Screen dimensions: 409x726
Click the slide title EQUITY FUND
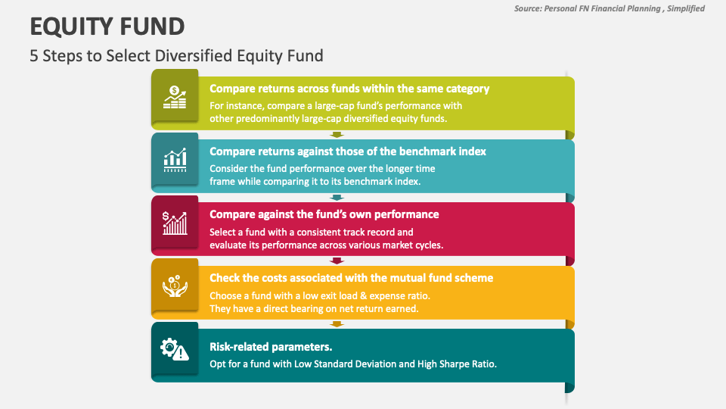tap(107, 27)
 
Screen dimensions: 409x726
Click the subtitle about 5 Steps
tap(176, 55)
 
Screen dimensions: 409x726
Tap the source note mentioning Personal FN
tap(609, 8)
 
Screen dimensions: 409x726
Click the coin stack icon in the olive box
tap(175, 98)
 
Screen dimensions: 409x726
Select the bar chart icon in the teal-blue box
tap(175, 160)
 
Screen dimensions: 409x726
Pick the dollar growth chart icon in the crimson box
tap(175, 223)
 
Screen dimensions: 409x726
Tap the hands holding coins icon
tap(175, 286)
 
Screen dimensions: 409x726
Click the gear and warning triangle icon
tap(175, 348)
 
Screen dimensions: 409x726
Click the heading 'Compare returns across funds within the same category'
tap(349, 89)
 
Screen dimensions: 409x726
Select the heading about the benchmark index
tap(347, 151)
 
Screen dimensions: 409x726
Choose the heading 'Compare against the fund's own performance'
tap(324, 214)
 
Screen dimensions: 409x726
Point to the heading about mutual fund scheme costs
tap(351, 278)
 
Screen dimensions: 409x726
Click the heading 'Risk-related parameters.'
tap(271, 347)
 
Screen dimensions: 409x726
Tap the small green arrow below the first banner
tap(337, 135)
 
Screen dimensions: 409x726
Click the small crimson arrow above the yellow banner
tap(337, 261)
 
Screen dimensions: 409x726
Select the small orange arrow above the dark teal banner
tap(337, 324)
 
